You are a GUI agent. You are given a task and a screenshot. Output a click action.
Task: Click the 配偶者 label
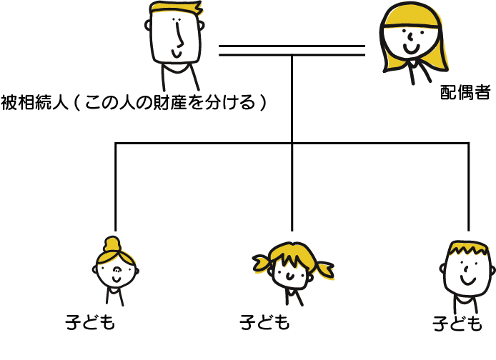tap(465, 93)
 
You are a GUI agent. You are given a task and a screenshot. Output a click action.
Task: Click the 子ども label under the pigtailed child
tap(264, 323)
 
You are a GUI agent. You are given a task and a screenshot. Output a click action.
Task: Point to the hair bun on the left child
tap(112, 242)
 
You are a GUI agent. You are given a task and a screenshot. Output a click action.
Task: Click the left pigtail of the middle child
tap(262, 264)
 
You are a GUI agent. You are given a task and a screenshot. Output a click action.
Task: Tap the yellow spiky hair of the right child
tap(468, 251)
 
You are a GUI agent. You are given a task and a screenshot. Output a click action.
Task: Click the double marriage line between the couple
tap(292, 50)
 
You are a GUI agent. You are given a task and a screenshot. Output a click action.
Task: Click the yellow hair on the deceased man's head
tap(176, 9)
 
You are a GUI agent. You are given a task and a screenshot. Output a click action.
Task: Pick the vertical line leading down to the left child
tap(116, 186)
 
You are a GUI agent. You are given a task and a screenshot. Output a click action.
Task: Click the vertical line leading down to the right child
tap(469, 186)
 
